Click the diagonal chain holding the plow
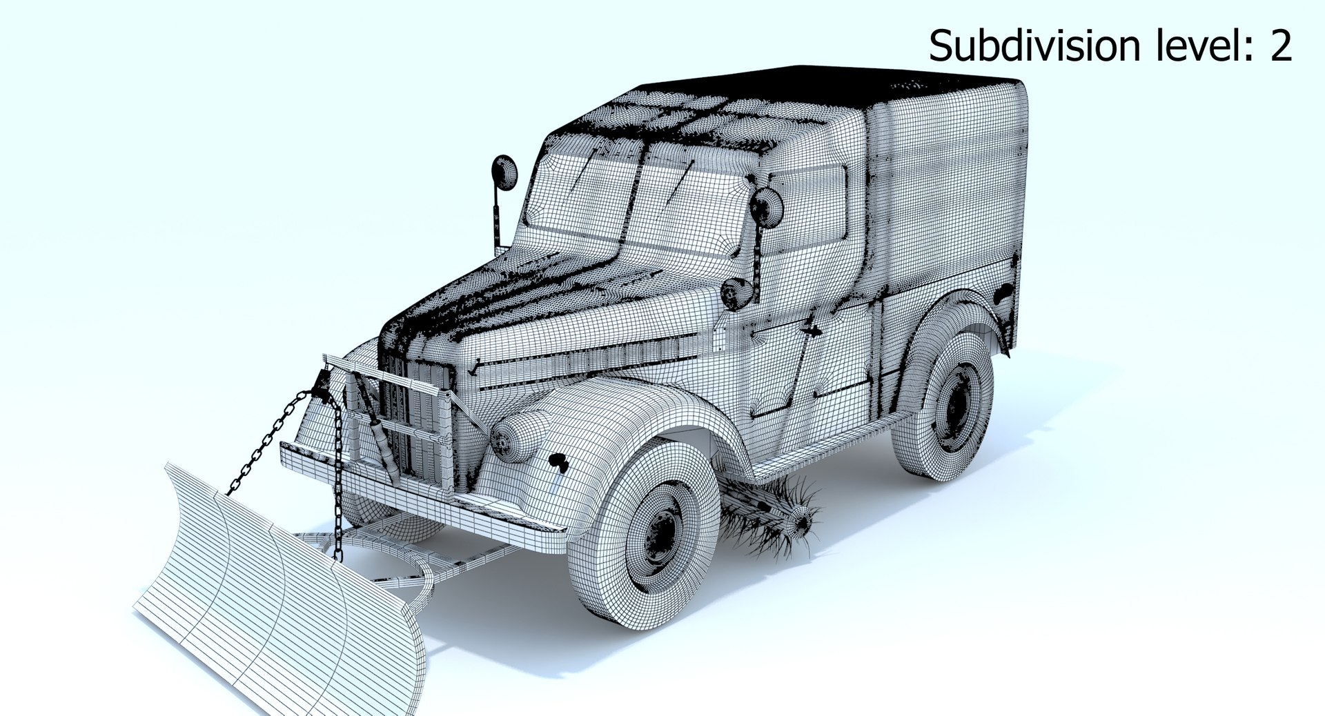[x=266, y=441]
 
